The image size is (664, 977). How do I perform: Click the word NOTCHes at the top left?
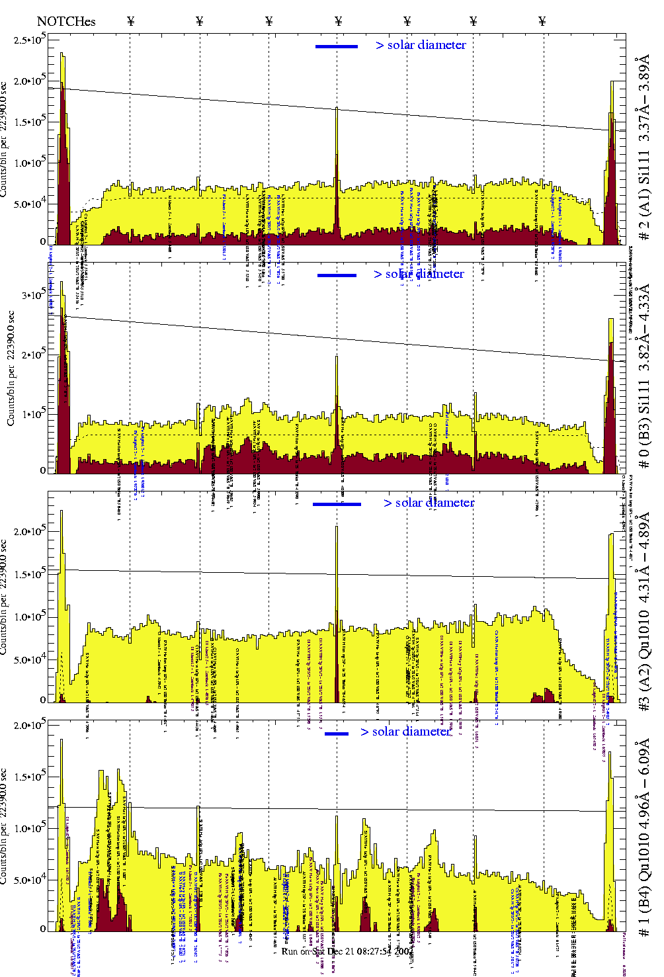[x=66, y=22]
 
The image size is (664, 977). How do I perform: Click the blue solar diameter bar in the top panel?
[x=337, y=46]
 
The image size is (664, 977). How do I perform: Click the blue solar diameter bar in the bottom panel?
[x=337, y=734]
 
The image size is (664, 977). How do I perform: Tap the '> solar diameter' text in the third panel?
[x=429, y=503]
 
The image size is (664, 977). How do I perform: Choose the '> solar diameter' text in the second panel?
[x=419, y=274]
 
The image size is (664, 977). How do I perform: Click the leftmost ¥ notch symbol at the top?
[x=130, y=22]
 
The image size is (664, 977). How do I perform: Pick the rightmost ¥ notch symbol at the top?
[x=542, y=22]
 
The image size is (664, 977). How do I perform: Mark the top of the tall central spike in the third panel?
[x=337, y=527]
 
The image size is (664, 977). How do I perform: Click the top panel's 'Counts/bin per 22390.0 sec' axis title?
[x=5, y=139]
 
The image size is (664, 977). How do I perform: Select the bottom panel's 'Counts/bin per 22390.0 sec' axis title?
[x=5, y=827]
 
